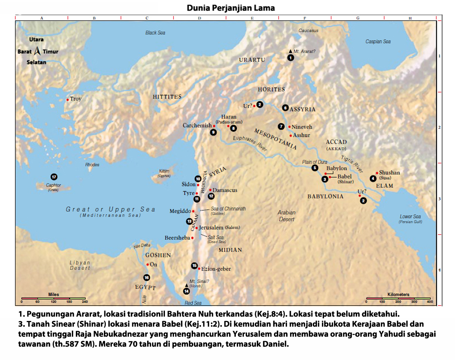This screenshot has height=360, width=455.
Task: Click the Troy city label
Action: (x=75, y=99)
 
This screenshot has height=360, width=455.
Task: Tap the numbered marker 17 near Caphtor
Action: (x=54, y=177)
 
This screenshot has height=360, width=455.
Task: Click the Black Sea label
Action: (x=155, y=33)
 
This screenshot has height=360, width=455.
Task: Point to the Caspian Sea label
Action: (x=378, y=42)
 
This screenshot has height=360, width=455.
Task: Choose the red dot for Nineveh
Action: (x=289, y=127)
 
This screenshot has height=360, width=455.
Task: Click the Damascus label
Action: (x=225, y=190)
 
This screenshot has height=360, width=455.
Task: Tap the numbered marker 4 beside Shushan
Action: (x=373, y=178)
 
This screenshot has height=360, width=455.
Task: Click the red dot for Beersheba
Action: (x=193, y=238)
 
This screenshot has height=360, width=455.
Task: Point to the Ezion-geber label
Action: (x=216, y=269)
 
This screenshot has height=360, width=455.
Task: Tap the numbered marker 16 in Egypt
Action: (x=146, y=277)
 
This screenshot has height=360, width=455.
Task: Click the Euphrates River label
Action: (x=251, y=144)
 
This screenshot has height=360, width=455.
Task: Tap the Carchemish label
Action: (x=197, y=125)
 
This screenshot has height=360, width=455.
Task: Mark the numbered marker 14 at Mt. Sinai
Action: (x=186, y=291)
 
